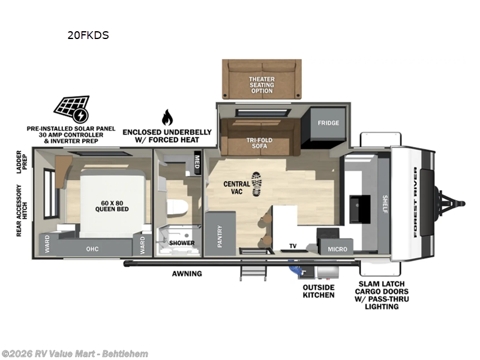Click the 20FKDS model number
tap(88, 35)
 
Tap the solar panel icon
tap(71, 109)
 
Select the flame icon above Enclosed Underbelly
tap(167, 117)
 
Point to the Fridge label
tap(328, 123)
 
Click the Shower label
tap(181, 243)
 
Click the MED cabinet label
tap(197, 161)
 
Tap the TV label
tap(293, 246)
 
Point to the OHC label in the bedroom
tap(92, 249)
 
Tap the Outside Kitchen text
tap(319, 291)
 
